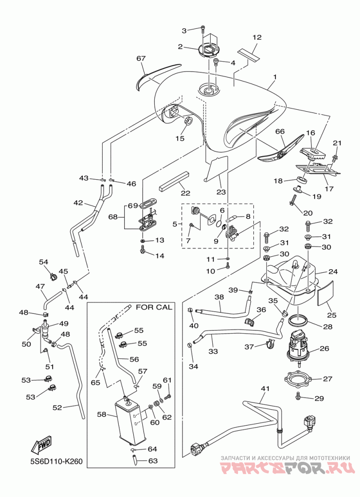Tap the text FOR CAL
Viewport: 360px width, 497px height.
click(x=154, y=307)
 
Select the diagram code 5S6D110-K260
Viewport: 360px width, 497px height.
click(x=54, y=461)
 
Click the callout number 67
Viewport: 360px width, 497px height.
click(x=141, y=59)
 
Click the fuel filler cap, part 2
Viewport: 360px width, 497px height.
click(x=208, y=50)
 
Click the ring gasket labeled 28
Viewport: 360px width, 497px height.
click(x=297, y=321)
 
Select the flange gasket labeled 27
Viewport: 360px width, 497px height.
click(x=298, y=379)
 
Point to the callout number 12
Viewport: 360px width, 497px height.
click(x=257, y=37)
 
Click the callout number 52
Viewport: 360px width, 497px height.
click(x=57, y=408)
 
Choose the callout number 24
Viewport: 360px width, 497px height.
click(x=333, y=271)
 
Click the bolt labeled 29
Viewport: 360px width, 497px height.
click(x=298, y=395)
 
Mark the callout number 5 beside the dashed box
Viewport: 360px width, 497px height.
click(x=175, y=224)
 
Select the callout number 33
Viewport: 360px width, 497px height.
click(x=213, y=352)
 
